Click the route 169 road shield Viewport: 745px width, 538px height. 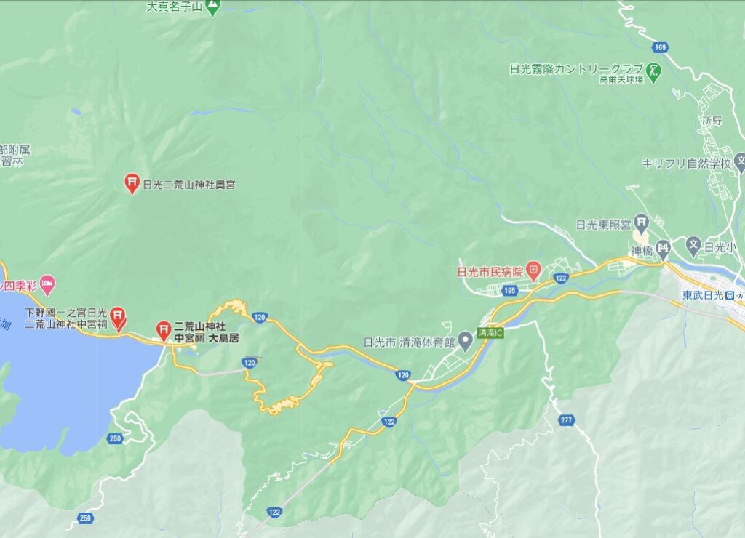click(x=660, y=48)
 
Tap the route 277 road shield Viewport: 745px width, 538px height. click(x=567, y=420)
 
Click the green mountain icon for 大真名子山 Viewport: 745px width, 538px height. click(x=212, y=8)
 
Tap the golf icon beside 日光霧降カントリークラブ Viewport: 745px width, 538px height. click(x=654, y=71)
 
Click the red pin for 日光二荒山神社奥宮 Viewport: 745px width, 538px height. click(x=132, y=183)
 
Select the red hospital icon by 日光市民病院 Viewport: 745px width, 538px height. click(x=534, y=272)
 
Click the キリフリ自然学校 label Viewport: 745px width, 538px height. click(x=685, y=164)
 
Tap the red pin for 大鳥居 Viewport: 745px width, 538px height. click(x=164, y=331)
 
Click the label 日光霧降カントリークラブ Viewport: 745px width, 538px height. click(x=576, y=70)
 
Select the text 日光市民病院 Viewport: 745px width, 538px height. click(x=490, y=272)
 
